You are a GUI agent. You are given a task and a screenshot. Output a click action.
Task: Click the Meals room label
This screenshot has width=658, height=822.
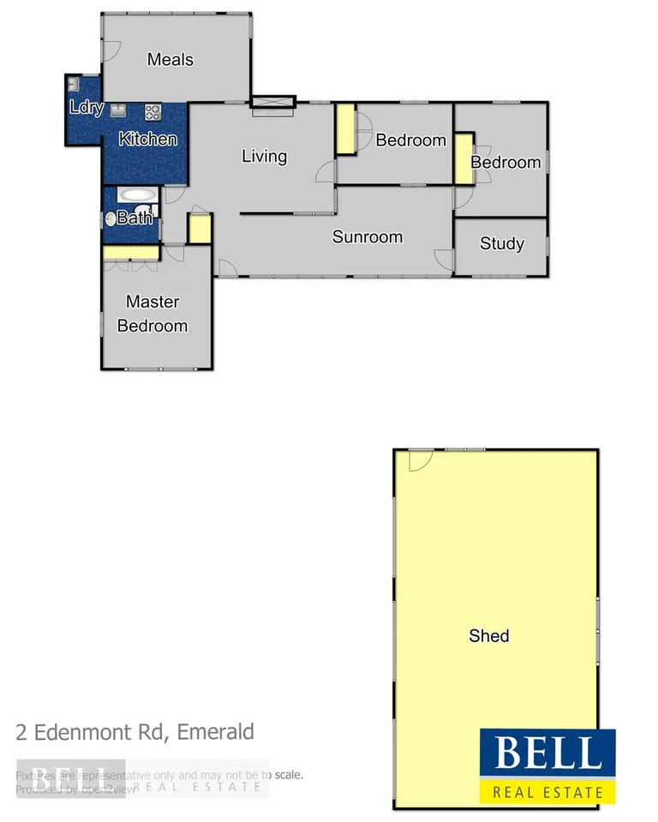(170, 60)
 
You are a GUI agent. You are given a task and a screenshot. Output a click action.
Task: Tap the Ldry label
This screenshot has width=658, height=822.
(86, 108)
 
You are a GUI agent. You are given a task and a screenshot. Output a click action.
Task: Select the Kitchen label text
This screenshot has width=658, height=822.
(147, 139)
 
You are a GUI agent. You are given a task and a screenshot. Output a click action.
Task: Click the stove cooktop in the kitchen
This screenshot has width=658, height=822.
(153, 110)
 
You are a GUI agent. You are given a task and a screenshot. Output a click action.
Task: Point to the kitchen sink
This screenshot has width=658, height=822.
(119, 110)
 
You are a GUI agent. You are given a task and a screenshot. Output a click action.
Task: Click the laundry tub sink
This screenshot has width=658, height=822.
(74, 84)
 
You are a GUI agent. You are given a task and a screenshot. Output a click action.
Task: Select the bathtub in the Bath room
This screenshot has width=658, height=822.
(137, 194)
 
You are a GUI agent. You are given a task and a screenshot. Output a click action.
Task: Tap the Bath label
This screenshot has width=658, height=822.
(135, 217)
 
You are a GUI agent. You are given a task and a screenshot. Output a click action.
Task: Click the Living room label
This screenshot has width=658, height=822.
(264, 156)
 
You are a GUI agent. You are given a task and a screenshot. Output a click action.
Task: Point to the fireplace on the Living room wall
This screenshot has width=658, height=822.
(273, 103)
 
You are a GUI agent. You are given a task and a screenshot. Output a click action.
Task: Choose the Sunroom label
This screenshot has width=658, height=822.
(367, 237)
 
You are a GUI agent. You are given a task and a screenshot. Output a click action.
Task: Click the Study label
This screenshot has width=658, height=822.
(501, 244)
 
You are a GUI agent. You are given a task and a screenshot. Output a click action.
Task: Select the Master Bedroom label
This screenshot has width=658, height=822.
(153, 313)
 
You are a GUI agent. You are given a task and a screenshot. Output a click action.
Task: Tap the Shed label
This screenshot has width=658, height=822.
(489, 635)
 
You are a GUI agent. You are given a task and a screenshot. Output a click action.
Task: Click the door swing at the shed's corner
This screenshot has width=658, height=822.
(419, 461)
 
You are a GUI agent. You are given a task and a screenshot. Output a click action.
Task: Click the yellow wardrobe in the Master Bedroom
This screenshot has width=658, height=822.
(131, 253)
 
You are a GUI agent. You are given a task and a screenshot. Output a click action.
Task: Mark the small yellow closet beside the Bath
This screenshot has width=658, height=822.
(200, 229)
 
